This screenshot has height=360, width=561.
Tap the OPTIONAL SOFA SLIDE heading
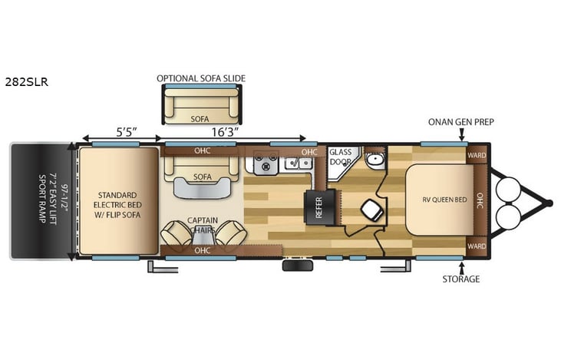pos(206,78)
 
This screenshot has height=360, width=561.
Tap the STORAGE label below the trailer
pos(460,279)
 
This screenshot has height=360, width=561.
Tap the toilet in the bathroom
pos(370,208)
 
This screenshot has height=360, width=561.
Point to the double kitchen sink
pos(292,163)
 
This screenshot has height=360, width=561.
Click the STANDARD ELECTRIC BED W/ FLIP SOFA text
pos(117,200)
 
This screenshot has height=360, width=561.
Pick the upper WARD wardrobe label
pos(476,154)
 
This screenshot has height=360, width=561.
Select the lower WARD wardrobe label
pos(476,246)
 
